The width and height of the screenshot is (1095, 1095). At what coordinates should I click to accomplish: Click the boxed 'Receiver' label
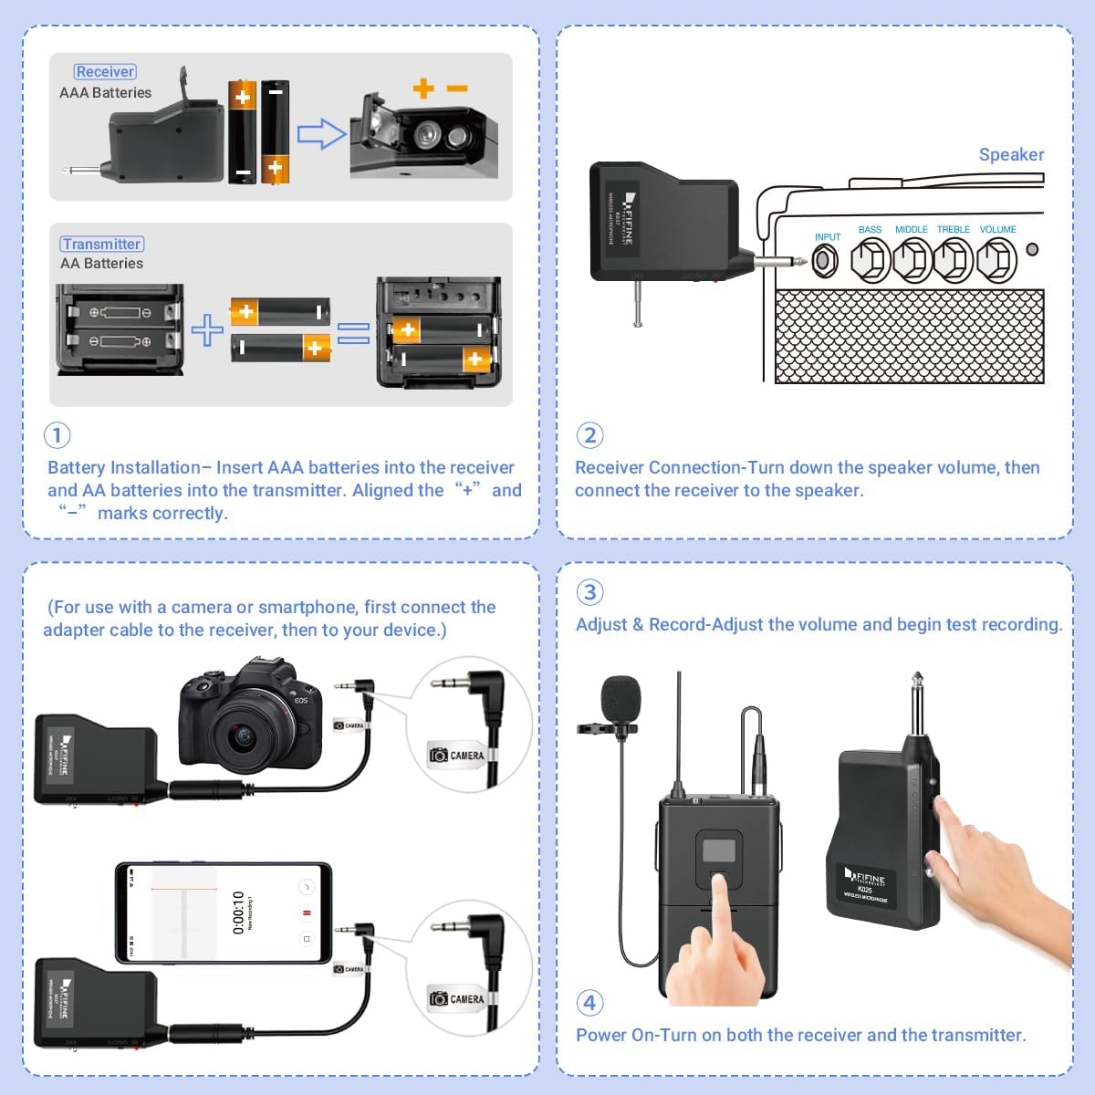click(105, 72)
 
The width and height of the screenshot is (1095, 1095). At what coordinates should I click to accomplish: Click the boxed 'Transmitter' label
click(102, 245)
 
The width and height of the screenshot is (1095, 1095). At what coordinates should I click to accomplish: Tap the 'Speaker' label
click(1011, 154)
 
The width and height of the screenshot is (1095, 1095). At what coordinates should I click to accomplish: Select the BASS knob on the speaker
click(870, 262)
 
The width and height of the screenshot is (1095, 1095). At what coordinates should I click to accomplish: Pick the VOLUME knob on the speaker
click(996, 262)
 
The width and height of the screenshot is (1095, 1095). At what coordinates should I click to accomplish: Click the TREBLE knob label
click(954, 230)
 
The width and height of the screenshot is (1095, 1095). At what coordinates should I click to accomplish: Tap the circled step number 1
click(57, 434)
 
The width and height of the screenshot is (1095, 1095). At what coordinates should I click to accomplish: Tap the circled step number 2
click(589, 434)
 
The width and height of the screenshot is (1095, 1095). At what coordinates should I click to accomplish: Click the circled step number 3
click(589, 592)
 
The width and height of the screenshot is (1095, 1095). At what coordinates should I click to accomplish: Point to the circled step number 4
click(589, 1003)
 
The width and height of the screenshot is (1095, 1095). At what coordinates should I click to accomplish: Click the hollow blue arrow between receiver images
click(322, 135)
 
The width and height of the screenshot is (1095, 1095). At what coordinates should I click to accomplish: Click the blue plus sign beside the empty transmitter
click(207, 329)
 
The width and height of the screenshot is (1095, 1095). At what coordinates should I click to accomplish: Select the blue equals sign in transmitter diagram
click(354, 334)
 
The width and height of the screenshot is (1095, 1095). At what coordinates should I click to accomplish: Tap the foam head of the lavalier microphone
click(621, 697)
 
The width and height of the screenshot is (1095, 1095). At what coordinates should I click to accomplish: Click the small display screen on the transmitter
click(719, 850)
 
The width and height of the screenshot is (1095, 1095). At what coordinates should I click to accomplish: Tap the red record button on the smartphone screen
click(307, 912)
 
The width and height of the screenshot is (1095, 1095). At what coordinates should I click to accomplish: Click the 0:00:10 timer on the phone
click(238, 913)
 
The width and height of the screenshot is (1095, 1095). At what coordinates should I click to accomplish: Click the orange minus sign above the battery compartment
click(457, 89)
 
